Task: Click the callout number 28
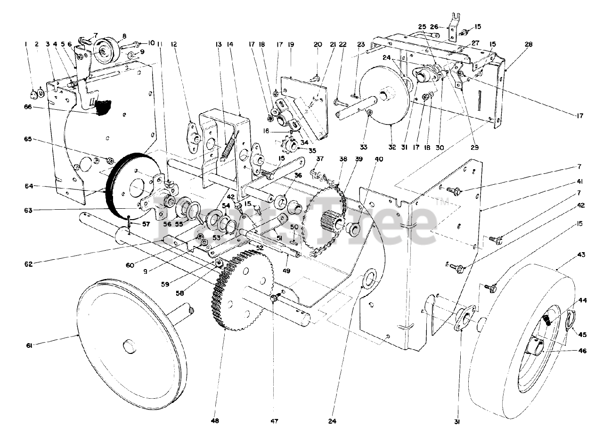point(529,45)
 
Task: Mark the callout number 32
point(392,147)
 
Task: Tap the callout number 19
point(291,45)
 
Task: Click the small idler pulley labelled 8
point(103,49)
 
